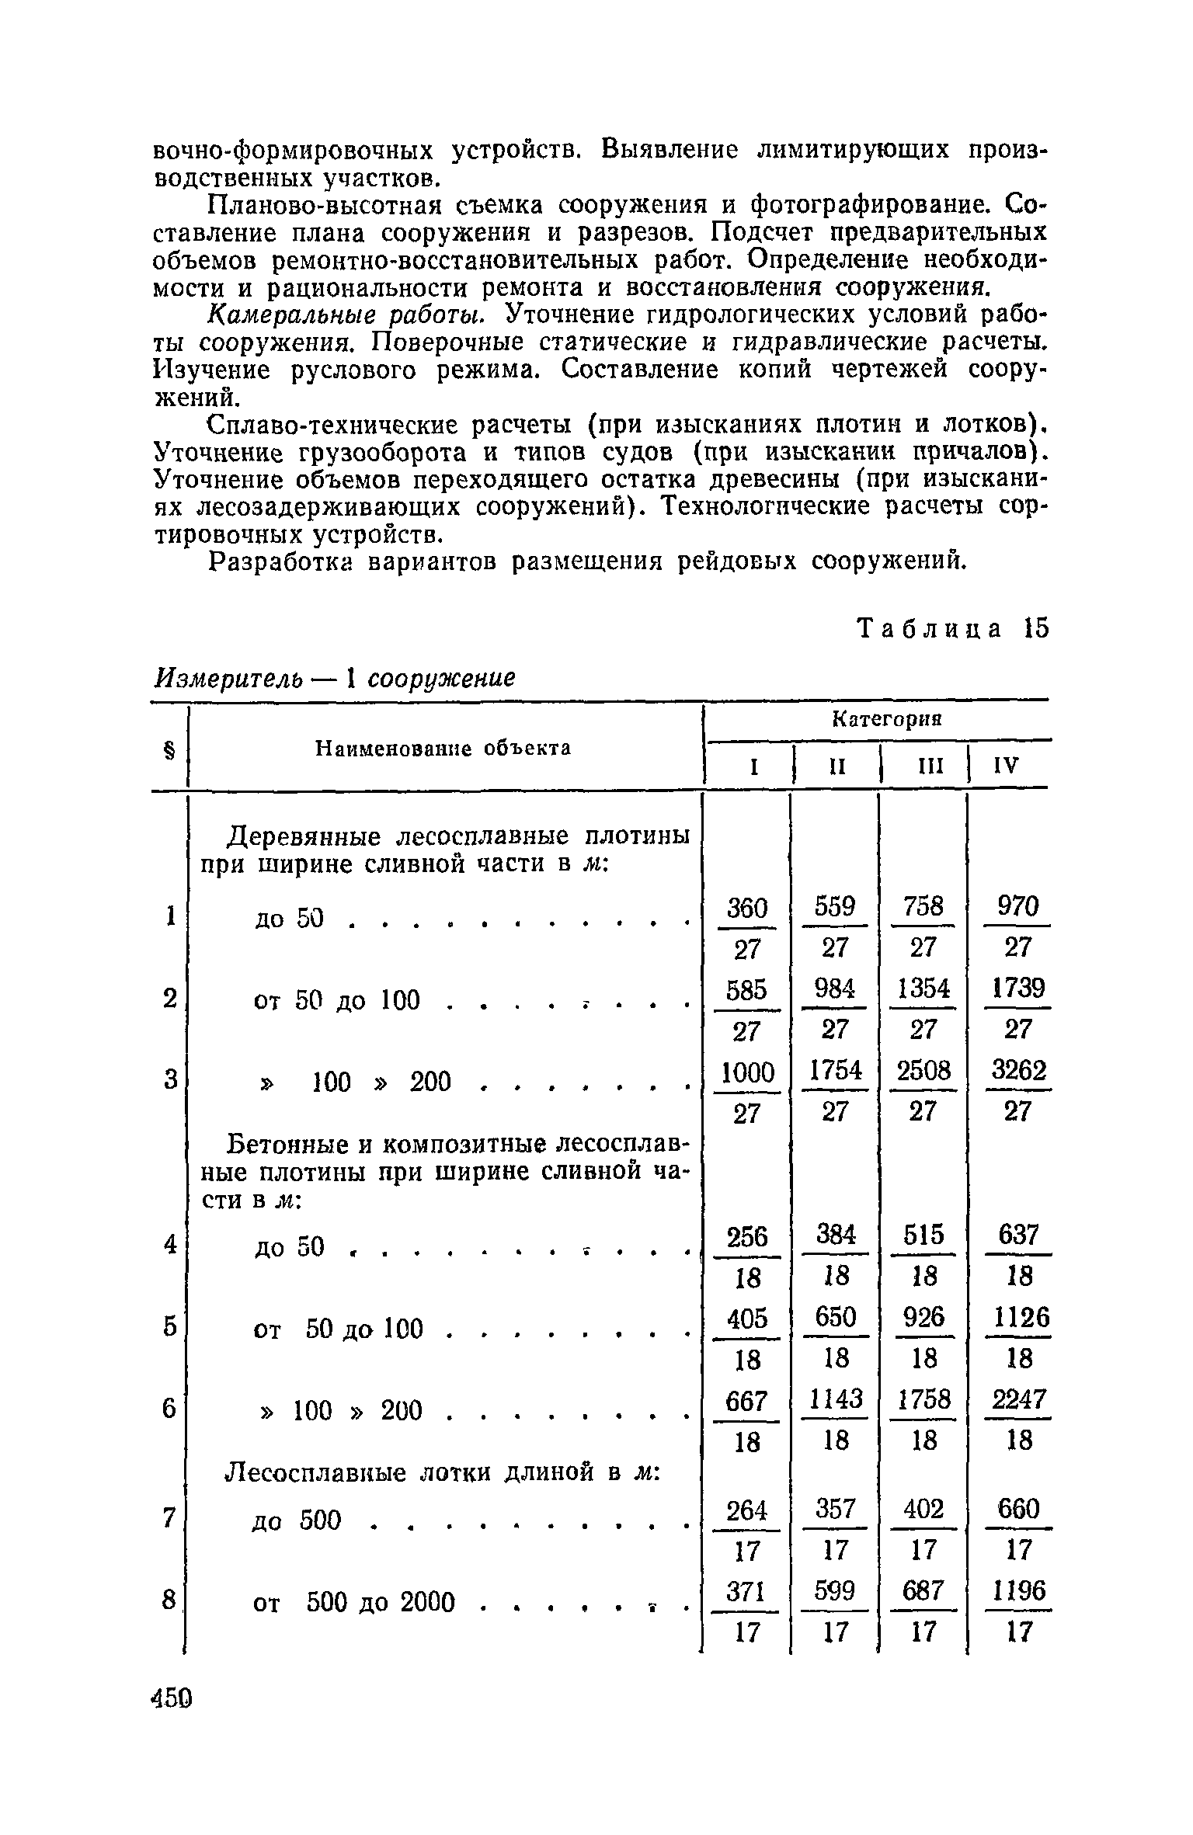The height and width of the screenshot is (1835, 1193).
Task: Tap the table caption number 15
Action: tap(1035, 628)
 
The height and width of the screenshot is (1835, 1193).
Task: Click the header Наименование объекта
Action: tap(443, 748)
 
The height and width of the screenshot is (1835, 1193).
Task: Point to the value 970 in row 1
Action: tap(1017, 907)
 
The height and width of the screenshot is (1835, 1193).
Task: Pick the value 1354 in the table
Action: tap(923, 989)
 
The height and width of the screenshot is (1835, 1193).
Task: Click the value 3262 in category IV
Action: tap(1017, 1072)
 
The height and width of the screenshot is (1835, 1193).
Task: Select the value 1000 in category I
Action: tap(746, 1073)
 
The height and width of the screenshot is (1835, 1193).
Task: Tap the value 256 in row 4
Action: tap(746, 1235)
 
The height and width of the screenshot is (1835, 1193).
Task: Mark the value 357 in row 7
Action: tap(835, 1509)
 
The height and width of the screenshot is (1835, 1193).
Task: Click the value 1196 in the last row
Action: tap(1017, 1592)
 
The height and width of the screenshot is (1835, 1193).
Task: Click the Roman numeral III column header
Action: tap(923, 767)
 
